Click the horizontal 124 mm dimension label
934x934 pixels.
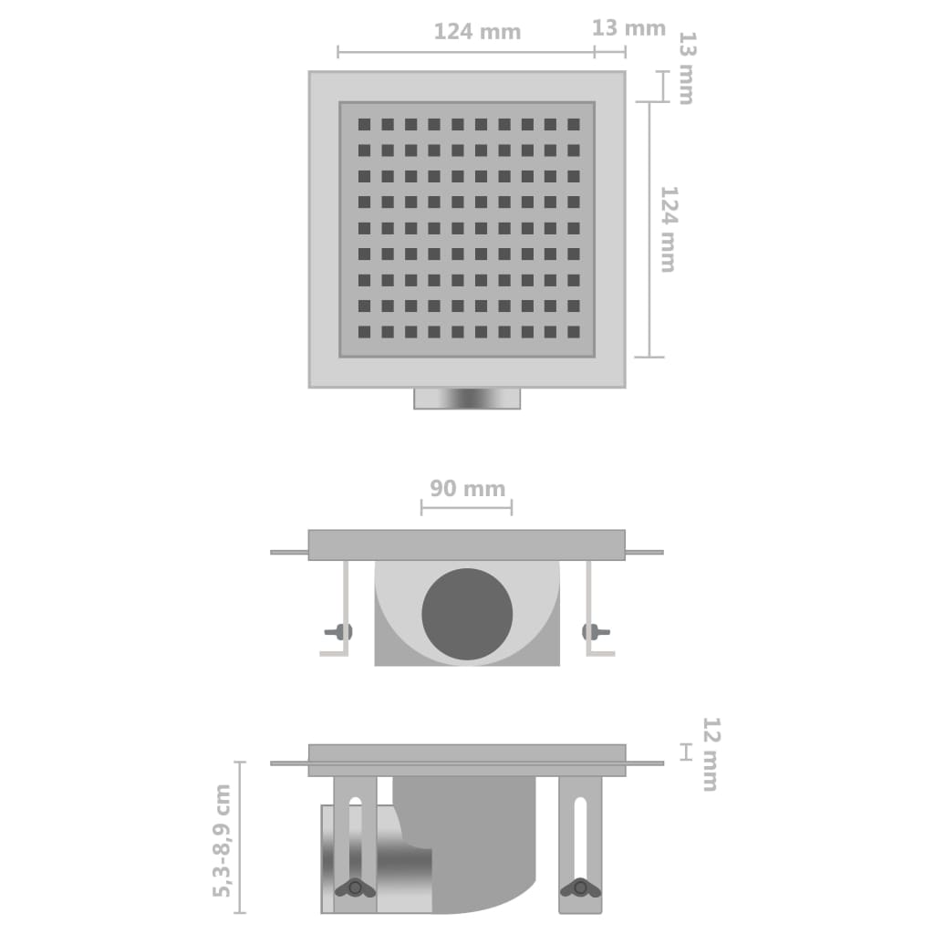pos(476,32)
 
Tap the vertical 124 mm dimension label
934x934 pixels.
pos(669,229)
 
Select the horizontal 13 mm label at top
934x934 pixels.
pos(628,28)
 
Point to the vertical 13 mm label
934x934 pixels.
pos(686,68)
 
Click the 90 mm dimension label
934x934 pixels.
pos(467,489)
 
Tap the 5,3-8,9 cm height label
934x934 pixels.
pos(222,840)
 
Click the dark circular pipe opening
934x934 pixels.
pos(467,615)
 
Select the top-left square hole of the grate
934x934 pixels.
pos(364,124)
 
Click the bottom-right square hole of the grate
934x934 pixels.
pos(573,332)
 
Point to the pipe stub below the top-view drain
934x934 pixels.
pos(467,398)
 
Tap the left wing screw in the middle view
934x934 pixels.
pos(339,631)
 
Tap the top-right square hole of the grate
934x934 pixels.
pos(573,124)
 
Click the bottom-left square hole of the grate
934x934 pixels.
pos(364,332)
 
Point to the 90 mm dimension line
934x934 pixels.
pos(466,508)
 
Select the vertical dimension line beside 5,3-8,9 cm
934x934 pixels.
pos(240,837)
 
